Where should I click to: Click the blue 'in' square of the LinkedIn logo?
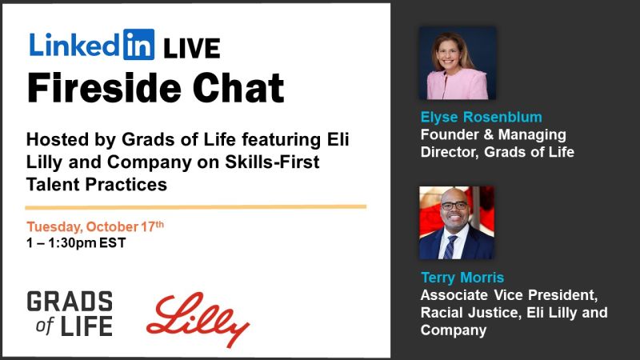pos(139,45)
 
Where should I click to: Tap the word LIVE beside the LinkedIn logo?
pos(191,48)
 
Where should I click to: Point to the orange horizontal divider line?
pos(196,206)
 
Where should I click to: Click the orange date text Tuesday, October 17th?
pos(95,226)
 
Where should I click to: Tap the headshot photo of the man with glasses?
pos(457,223)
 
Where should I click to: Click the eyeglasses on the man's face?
pos(455,205)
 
